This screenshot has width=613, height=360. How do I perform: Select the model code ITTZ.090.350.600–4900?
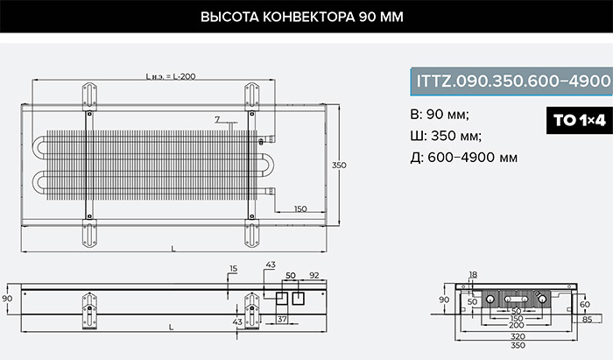coord(513,81)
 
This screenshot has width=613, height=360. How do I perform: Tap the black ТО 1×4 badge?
coord(580,120)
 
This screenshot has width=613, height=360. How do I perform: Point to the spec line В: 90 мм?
coord(440,115)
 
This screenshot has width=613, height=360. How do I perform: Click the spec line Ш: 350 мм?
coord(446,136)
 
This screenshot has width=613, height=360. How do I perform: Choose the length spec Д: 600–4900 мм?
coord(464,158)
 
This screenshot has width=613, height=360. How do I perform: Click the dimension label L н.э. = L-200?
coord(171,76)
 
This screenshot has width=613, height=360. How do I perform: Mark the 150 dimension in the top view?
coord(300,208)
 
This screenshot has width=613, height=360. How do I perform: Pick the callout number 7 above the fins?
coord(217,120)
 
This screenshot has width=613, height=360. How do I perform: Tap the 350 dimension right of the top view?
coord(339,165)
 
